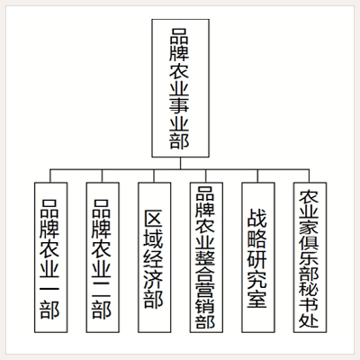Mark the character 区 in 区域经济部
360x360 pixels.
154,219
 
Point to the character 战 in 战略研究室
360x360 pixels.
257,219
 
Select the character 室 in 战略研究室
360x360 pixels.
257,300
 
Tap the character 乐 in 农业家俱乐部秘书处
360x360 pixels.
309,258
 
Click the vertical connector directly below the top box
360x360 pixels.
181,164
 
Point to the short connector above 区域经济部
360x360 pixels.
154,176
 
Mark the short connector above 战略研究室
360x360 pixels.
257,176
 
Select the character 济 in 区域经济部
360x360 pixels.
154,280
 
